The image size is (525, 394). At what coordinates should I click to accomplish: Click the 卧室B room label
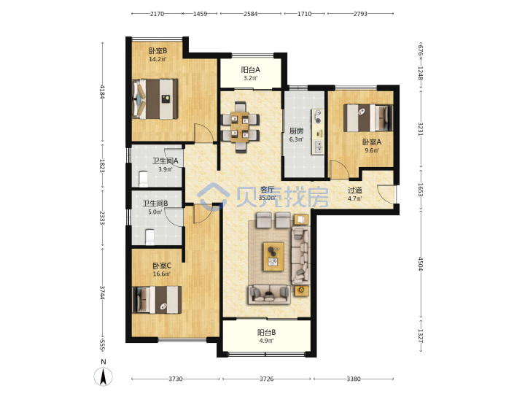(157, 51)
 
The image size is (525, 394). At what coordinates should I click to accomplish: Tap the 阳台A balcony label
(250, 70)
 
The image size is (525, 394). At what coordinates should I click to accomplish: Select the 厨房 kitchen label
(296, 131)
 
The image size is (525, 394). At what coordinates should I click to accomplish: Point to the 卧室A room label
(372, 142)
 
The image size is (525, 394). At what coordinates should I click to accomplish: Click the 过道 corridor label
(354, 190)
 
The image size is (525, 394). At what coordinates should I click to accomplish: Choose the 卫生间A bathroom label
(166, 161)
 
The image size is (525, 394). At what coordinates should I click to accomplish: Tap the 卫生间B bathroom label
(155, 204)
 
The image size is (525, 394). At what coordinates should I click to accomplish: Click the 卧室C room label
(162, 266)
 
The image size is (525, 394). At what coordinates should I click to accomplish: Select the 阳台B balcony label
(267, 333)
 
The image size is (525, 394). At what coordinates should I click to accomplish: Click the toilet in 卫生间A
(144, 179)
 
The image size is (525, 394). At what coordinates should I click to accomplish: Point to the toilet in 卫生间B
(149, 237)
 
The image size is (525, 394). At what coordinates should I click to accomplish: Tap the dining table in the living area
(240, 127)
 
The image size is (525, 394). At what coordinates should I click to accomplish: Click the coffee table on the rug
(273, 256)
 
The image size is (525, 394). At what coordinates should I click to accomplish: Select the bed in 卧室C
(157, 300)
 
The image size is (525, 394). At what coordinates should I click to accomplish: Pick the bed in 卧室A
(368, 118)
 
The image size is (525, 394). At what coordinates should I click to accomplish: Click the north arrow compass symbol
(104, 376)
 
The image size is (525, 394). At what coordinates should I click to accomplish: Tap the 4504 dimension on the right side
(421, 263)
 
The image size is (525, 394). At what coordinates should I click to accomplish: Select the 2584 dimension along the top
(250, 14)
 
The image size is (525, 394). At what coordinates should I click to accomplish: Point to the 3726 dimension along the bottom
(267, 379)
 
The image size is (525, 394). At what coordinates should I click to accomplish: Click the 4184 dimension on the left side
(103, 92)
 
